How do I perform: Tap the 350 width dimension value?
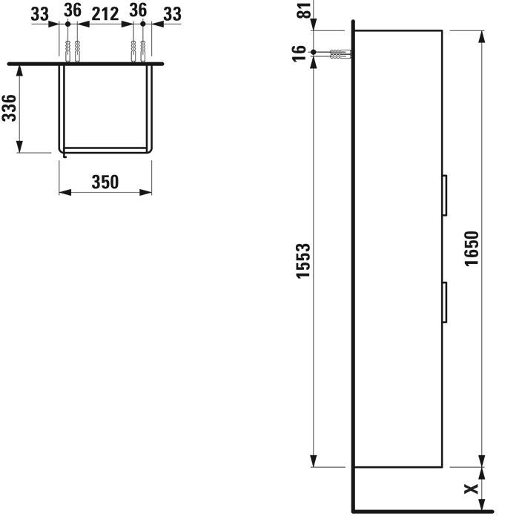tap(105, 182)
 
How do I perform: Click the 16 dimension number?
tap(300, 53)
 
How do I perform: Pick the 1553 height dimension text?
tap(303, 261)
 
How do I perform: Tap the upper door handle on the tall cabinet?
tap(445, 196)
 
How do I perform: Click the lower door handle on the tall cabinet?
tap(445, 303)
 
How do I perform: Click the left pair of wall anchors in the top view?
tap(72, 53)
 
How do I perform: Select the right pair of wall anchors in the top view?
tap(138, 53)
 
